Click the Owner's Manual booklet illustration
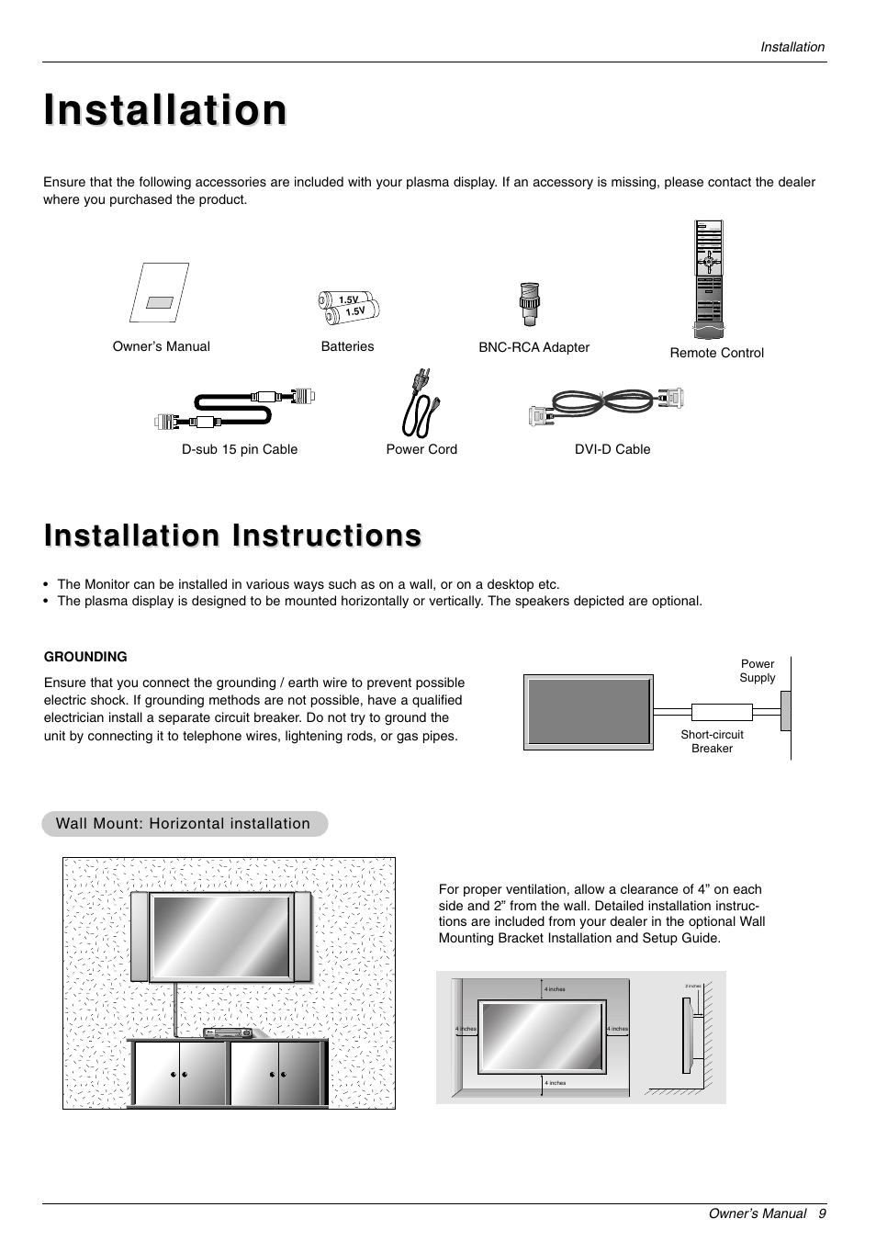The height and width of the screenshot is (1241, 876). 159,293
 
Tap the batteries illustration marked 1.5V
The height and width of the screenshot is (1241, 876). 349,307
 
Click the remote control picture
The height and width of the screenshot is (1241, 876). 709,279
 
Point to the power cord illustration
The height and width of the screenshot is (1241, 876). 421,404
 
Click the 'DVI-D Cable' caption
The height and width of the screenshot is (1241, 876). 612,449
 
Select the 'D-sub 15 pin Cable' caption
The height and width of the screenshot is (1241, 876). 240,449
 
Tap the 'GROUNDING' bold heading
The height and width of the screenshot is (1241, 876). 85,657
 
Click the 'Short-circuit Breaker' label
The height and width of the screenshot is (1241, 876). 712,741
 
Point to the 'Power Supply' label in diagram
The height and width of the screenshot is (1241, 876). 758,671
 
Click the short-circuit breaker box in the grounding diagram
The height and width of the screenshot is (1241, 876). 722,712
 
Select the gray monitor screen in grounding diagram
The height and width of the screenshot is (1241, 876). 589,712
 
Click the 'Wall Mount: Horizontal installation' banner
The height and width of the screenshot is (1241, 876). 184,824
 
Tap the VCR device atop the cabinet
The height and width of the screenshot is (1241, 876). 227,1033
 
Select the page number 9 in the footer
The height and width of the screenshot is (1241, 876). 823,1213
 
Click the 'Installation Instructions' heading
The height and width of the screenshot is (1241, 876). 233,536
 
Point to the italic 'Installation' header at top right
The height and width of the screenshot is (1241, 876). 792,47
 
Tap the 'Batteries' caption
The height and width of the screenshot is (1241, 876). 347,346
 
